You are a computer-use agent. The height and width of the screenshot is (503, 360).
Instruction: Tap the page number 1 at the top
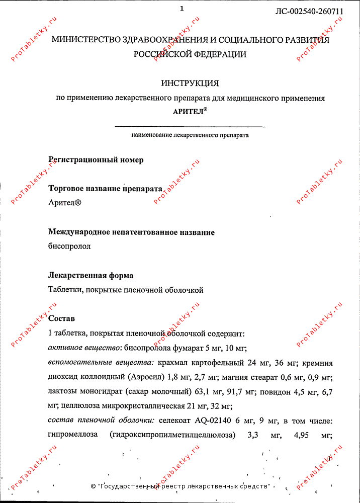182,8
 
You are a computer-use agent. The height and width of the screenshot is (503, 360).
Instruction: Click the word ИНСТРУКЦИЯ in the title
190,83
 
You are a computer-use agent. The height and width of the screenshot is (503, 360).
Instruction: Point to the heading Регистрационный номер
96,160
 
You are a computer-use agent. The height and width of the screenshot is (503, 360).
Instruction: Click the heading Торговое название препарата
105,189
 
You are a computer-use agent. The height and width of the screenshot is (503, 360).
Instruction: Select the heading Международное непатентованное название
131,232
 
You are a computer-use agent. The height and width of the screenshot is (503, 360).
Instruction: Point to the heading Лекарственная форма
91,276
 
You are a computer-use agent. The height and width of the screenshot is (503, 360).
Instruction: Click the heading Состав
61,319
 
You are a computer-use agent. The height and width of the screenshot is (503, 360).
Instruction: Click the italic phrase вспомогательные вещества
101,363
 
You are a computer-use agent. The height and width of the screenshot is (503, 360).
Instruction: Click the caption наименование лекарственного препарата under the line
190,135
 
